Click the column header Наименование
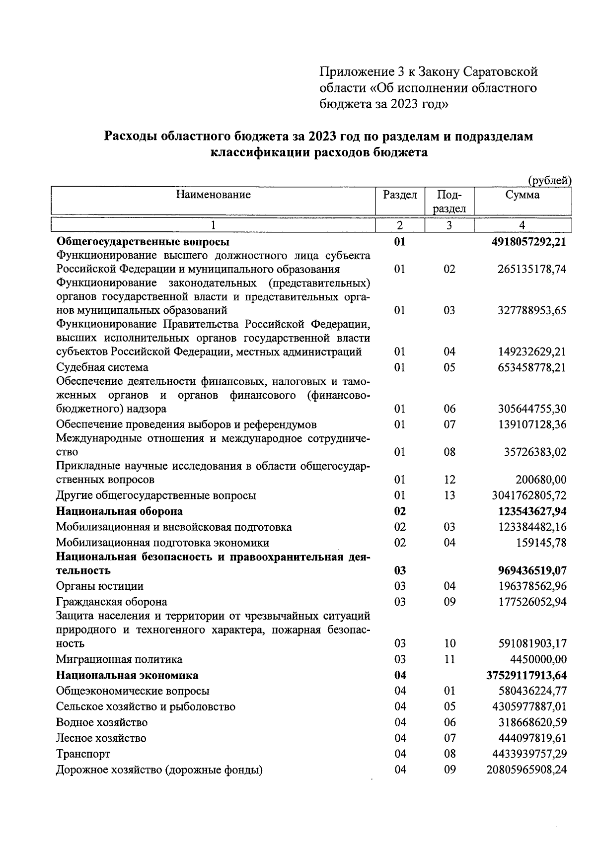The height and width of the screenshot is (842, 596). (x=213, y=195)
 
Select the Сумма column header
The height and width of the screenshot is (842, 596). (x=522, y=195)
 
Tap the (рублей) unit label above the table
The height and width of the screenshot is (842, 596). (x=549, y=181)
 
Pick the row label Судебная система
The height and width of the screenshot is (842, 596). (x=102, y=367)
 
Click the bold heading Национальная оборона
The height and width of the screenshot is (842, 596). (x=119, y=511)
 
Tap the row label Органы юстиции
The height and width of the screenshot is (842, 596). (x=99, y=586)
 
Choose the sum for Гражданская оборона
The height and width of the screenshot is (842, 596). (x=532, y=602)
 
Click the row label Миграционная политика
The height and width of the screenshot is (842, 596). (x=119, y=659)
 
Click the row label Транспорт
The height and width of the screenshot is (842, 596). (x=83, y=754)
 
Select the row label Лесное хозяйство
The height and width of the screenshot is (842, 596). (x=101, y=738)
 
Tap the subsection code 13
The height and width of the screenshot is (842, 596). (x=449, y=495)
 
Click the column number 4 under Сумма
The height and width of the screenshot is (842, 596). (x=522, y=225)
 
